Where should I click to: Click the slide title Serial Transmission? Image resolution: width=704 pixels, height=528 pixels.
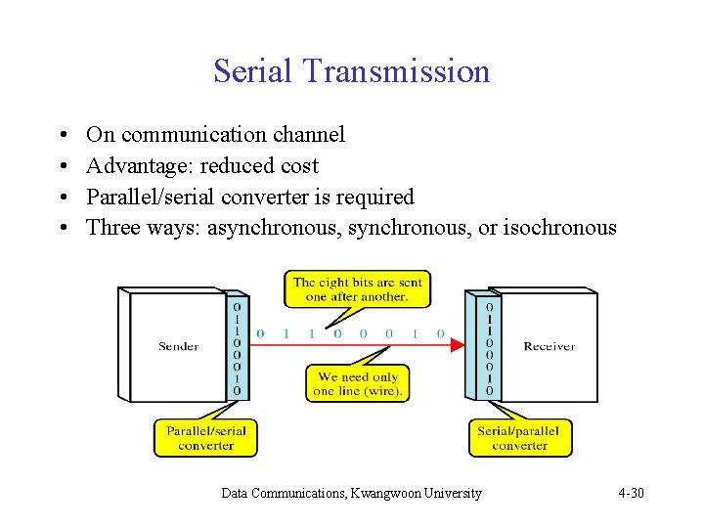[351, 71]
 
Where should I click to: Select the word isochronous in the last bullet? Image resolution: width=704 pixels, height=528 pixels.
[559, 228]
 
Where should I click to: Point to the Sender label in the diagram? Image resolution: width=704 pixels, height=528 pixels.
[178, 346]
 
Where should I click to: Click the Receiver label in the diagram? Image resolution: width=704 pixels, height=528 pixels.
[549, 346]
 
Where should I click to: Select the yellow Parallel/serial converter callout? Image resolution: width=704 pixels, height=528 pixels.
[205, 438]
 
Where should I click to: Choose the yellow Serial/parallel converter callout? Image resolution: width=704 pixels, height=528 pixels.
[519, 438]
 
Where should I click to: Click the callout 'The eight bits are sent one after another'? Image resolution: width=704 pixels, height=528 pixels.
[357, 289]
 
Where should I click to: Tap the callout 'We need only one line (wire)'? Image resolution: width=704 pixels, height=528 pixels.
[357, 383]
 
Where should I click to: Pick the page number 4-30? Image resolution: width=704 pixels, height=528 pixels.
[631, 493]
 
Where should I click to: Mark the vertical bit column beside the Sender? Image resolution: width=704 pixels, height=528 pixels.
[237, 348]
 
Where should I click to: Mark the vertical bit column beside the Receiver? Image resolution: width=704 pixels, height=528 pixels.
[489, 348]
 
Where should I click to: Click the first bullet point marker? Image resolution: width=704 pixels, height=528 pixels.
[62, 135]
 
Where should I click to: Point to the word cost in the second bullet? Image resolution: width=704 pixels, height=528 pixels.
[299, 165]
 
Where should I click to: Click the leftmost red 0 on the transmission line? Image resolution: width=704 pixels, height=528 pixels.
[260, 334]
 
